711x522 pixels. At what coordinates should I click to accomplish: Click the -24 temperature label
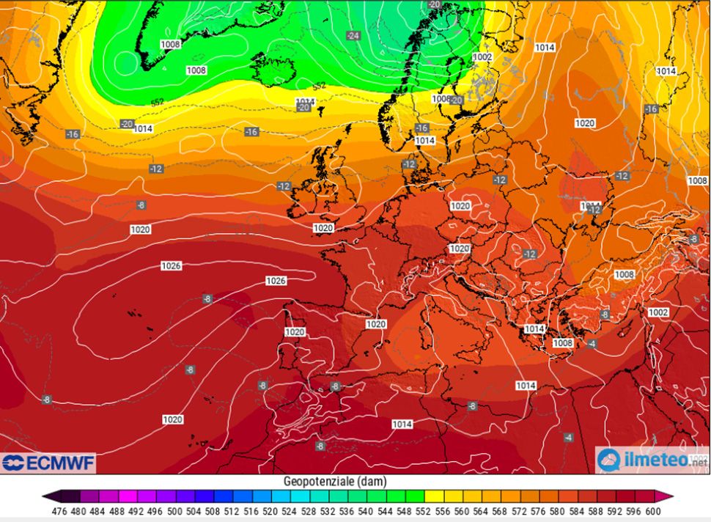point(354,35)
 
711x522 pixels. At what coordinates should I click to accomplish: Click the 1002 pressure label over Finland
point(482,57)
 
